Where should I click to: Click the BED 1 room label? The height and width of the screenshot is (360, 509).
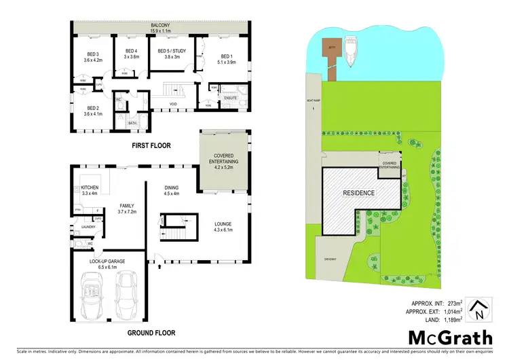click(x=227, y=56)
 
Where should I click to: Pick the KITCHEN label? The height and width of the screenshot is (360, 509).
click(x=90, y=187)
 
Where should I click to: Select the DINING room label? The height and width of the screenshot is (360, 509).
click(x=171, y=188)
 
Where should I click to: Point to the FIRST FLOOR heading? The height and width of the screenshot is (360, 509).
click(x=151, y=145)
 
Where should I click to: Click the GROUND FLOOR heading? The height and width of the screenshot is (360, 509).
click(x=152, y=333)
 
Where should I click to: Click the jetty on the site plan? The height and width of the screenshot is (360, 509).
click(x=331, y=51)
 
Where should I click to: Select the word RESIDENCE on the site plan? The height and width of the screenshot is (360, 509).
click(x=359, y=192)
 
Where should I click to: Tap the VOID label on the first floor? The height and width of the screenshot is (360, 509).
click(x=174, y=105)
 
